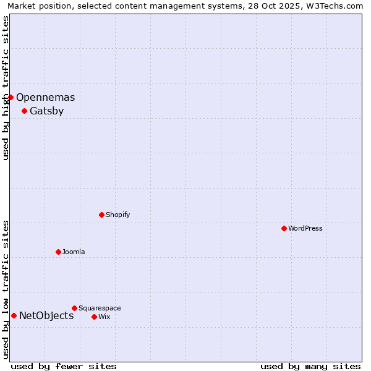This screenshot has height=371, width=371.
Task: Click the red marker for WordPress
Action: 284,228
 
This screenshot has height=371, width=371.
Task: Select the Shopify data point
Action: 101,215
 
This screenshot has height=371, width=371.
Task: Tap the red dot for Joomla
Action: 58,252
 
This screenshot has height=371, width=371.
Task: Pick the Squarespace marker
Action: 74,308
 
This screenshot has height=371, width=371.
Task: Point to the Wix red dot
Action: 94,317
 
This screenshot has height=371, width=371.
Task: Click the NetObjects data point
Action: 14,315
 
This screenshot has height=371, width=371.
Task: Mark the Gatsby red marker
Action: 24,111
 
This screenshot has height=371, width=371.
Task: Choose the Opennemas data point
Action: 11,97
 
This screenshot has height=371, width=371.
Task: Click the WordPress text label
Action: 305,228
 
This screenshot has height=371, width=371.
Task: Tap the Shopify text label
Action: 118,215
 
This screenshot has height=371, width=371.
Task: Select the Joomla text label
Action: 74,252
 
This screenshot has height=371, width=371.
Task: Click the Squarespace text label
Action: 100,308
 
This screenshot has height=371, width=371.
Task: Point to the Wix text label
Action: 104,317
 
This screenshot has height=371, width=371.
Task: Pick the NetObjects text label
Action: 46,315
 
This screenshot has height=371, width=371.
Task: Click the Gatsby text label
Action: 46,111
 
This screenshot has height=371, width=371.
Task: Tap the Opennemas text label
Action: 46,97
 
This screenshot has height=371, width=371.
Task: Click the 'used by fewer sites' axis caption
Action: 64,366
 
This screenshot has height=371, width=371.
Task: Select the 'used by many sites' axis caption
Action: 310,366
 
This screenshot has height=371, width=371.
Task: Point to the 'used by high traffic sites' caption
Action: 6,88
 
